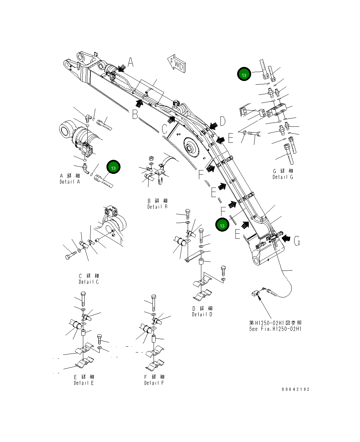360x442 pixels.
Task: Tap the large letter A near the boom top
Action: click(x=131, y=62)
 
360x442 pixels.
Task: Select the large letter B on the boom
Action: click(x=135, y=115)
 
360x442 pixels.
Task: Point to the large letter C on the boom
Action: click(x=164, y=129)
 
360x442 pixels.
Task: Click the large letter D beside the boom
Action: click(x=222, y=121)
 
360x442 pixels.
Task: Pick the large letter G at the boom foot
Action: click(x=297, y=241)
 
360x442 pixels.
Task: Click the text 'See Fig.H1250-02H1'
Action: click(x=275, y=329)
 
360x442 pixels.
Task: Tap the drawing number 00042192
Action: click(x=296, y=389)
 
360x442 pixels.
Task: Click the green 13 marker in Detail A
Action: click(x=113, y=167)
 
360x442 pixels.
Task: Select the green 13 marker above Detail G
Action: click(x=244, y=74)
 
